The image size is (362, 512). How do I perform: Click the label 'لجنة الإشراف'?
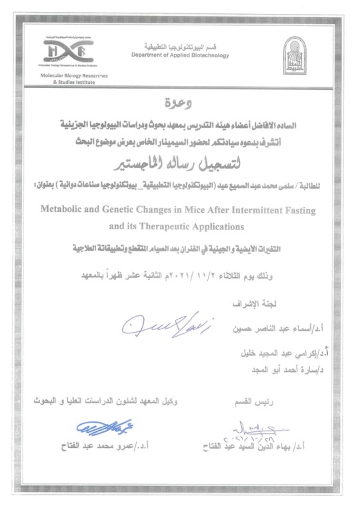point(306,308)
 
